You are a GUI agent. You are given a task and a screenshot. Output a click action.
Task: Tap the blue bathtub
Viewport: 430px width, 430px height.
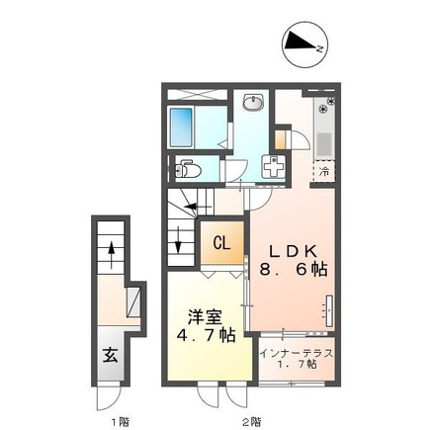coord(181,128)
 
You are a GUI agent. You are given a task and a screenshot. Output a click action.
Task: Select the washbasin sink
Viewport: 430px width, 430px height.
coord(253,102)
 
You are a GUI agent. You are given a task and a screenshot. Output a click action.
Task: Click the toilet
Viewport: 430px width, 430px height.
coord(188,169)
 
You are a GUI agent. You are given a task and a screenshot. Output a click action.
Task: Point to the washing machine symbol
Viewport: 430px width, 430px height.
coord(273,167)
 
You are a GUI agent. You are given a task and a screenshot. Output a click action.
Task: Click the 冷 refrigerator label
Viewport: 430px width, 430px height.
coord(324,171)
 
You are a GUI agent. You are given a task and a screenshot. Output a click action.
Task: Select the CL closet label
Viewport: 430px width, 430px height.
coord(221,243)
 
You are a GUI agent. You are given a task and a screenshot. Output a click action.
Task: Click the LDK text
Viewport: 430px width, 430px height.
coord(293,252)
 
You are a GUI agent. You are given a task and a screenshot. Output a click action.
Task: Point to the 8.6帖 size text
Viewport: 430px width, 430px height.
coord(294,270)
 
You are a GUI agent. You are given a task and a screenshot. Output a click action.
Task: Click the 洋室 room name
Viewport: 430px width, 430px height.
coord(205,317)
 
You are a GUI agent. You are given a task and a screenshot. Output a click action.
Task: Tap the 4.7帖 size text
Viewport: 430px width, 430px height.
coord(206,335)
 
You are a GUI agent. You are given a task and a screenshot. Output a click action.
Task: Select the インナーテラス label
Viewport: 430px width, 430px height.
coord(297,354)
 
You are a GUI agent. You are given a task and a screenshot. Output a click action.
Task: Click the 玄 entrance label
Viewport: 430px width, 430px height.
coord(110,355)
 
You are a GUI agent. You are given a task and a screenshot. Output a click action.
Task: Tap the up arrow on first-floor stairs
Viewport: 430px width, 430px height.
coord(112,255)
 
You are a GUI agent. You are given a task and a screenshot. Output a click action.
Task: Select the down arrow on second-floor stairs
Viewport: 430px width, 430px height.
coord(178,239)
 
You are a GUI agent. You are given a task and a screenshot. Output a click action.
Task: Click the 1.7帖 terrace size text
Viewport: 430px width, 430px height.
coord(296,364)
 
